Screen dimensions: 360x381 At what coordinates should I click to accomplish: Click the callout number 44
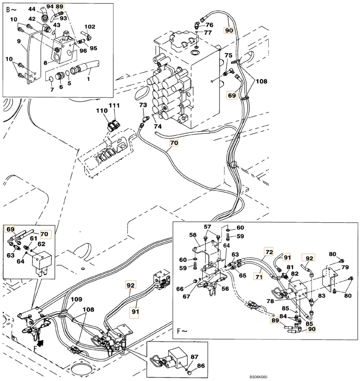click(x=32, y=9)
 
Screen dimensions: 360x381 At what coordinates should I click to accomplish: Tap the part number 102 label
click(x=90, y=27)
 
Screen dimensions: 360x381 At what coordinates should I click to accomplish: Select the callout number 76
click(x=209, y=25)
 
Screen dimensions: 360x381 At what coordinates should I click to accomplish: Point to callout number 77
click(x=208, y=32)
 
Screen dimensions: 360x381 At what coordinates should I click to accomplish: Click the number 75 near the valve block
click(x=228, y=55)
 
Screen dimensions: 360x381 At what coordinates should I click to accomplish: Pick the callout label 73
click(x=143, y=105)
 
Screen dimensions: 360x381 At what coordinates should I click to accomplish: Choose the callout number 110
click(x=101, y=110)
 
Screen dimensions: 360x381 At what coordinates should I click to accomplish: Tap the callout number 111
click(x=114, y=105)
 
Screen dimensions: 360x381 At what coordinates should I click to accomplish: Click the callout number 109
click(x=77, y=299)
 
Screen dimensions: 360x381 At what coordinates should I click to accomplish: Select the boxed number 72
click(x=269, y=252)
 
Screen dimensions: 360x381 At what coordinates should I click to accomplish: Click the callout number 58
click(x=193, y=235)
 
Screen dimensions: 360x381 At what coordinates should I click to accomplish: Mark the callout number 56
click(x=225, y=288)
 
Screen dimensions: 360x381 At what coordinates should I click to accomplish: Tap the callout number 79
click(x=345, y=267)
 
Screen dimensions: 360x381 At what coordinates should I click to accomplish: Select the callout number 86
click(x=201, y=366)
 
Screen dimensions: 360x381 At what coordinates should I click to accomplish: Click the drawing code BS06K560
click(x=258, y=377)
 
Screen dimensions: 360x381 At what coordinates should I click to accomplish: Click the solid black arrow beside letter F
click(x=42, y=343)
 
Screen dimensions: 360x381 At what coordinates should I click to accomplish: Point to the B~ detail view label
click(x=11, y=10)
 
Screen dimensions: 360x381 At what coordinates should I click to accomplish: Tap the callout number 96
click(x=83, y=51)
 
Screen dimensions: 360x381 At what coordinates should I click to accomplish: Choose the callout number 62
click(x=41, y=244)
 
